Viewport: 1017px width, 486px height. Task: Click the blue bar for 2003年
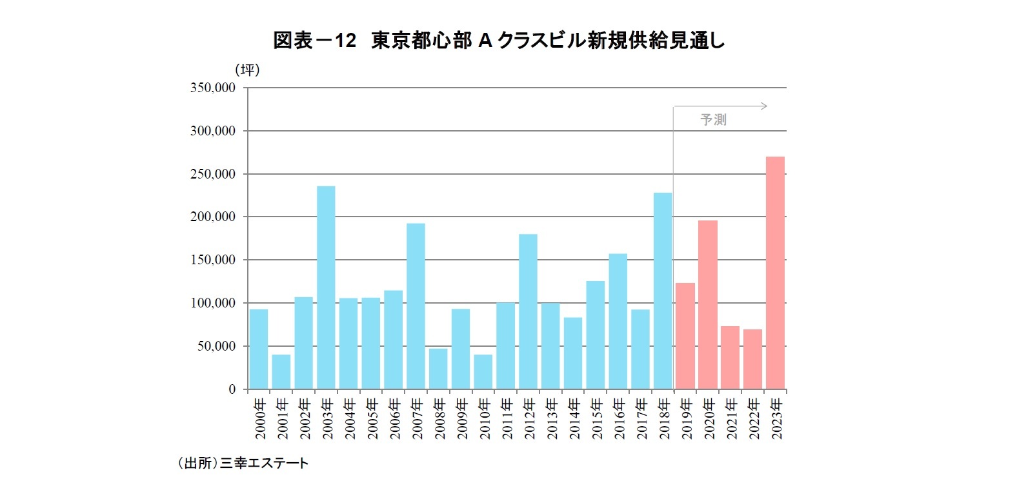[326, 287]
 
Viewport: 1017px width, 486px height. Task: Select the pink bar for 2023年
[775, 273]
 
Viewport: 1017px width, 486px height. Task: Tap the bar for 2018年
[663, 291]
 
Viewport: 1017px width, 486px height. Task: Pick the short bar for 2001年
[281, 372]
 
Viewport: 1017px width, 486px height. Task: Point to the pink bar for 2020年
[708, 305]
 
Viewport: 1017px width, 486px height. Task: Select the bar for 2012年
[528, 311]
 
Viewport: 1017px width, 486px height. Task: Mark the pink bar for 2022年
[752, 359]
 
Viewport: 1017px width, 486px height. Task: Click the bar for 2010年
[483, 372]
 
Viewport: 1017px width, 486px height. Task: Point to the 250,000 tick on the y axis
[212, 174]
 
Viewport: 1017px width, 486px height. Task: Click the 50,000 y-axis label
[216, 346]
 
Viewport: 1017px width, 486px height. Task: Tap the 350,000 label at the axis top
[212, 88]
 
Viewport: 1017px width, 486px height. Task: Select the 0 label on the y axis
[232, 389]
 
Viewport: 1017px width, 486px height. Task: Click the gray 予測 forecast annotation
[713, 120]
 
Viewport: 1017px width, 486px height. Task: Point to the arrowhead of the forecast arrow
[765, 106]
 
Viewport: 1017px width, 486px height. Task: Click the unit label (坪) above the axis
[247, 70]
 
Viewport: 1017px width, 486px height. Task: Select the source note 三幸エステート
[264, 463]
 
